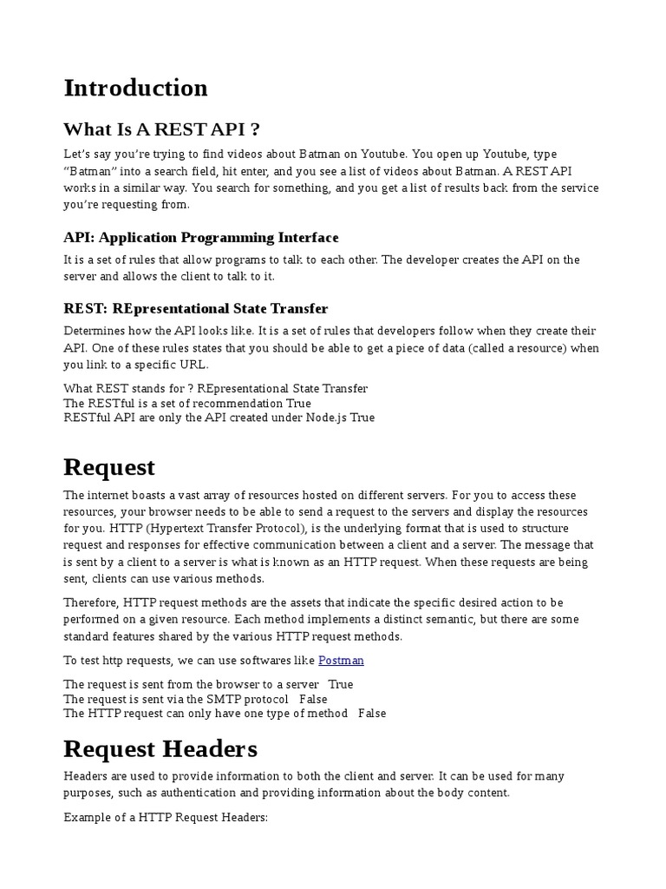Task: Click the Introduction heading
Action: [135, 88]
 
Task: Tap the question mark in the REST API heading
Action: [254, 129]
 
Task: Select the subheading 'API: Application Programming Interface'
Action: [201, 237]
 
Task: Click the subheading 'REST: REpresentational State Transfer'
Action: [196, 308]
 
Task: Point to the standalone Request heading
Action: [109, 467]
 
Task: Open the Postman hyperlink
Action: [341, 660]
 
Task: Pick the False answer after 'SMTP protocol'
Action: [313, 699]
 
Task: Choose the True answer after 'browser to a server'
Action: [341, 684]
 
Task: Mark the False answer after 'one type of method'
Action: [372, 714]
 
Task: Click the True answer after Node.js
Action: [362, 418]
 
